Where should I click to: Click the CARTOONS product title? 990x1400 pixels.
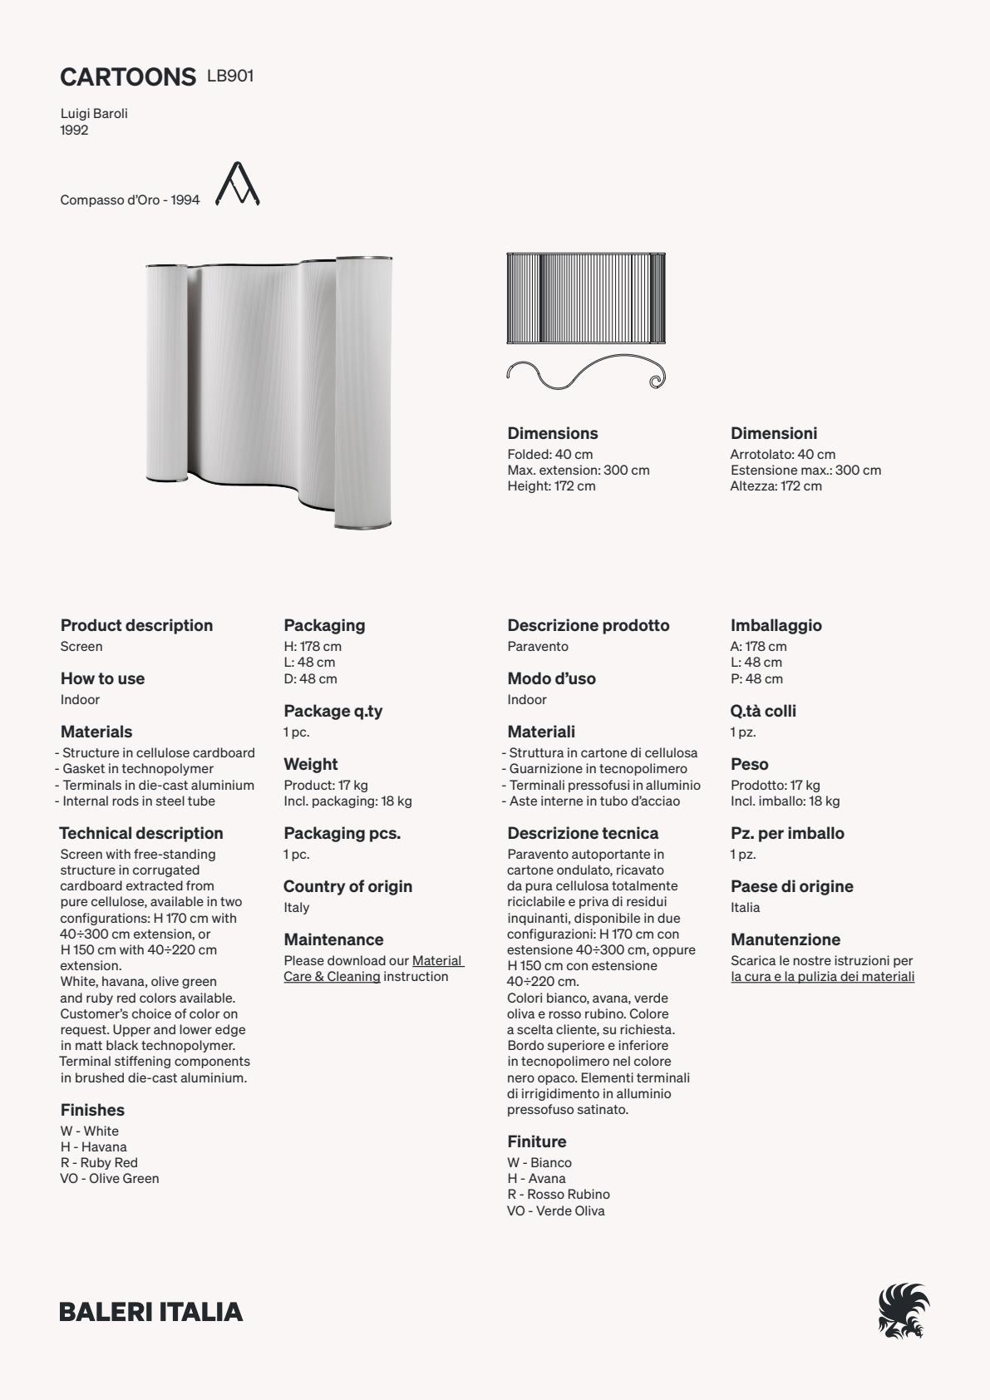tap(127, 77)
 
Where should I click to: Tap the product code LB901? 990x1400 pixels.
tap(230, 76)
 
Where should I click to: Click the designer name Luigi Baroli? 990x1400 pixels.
tap(94, 113)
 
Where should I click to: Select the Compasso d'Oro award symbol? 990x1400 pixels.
tap(238, 184)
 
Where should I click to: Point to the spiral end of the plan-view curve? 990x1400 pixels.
tap(656, 381)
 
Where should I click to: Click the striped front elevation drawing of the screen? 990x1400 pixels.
tap(586, 298)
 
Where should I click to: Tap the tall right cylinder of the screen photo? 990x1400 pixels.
tap(362, 392)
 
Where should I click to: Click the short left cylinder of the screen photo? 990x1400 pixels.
tap(167, 372)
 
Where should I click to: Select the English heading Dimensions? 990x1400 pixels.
tap(553, 433)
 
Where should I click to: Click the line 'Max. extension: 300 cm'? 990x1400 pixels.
tap(579, 470)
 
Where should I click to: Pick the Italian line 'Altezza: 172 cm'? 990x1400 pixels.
tap(776, 486)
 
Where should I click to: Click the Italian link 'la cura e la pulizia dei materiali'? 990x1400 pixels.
tap(822, 976)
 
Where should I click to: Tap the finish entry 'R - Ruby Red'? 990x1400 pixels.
tap(99, 1162)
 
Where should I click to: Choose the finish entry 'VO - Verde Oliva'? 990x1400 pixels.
tap(556, 1210)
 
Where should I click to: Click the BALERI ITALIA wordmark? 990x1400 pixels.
tap(151, 1312)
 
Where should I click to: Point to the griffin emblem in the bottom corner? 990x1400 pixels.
tap(904, 1311)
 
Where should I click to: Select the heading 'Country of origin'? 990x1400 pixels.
tap(347, 886)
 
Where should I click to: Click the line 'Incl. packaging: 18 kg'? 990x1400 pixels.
tap(347, 801)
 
